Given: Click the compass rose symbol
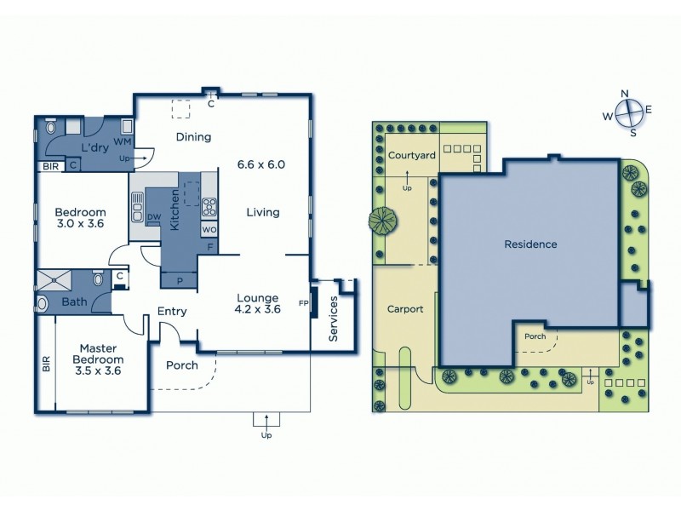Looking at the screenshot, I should pos(627,112).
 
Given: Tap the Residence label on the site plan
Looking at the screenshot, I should pos(530,244).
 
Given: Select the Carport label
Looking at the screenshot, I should pos(405,309).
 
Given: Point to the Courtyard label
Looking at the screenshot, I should pos(412,155).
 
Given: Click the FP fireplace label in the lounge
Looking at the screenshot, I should pos(302,302).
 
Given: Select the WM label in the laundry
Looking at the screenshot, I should pos(122,141).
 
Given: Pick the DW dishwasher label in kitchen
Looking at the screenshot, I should pos(154,217).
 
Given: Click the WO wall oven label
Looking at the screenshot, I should pos(209,229).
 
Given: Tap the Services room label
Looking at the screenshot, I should pos(334,319).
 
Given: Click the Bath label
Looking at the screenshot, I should pos(74,301).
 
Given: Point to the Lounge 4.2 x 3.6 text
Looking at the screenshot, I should pos(258,303).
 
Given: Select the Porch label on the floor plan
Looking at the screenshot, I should pos(181,365).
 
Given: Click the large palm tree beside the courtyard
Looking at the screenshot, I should pos(383,222).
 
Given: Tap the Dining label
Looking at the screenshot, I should pos(193,137).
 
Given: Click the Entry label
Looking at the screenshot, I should pos(172,312).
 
